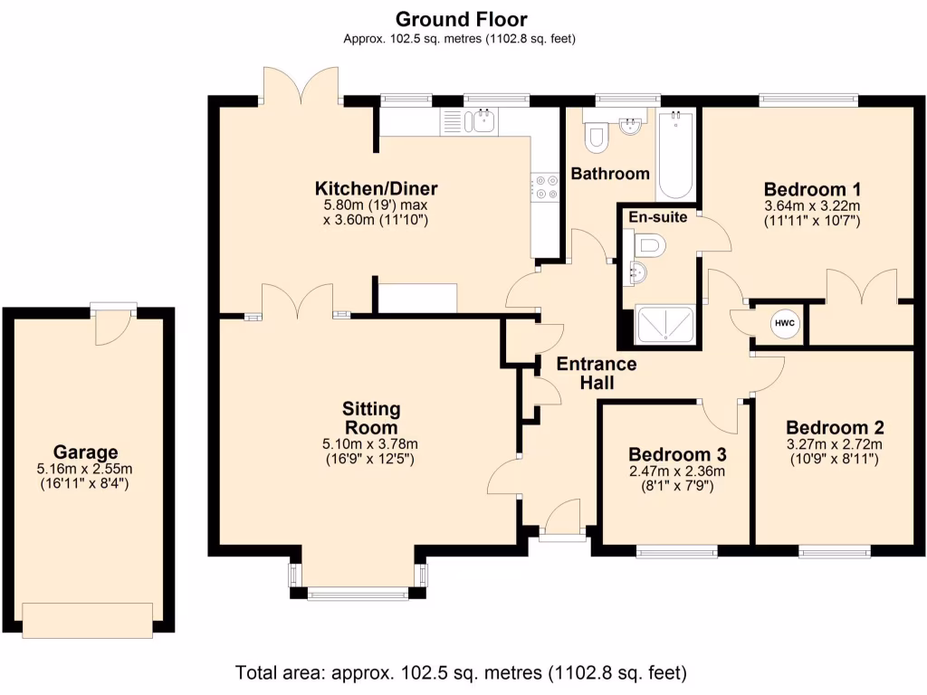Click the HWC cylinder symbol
pos(785,323)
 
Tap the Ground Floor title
pos(461,20)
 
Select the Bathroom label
pos(610,174)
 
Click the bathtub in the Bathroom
pos(675,154)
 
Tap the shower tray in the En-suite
pos(664,324)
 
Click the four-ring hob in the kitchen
pos(545,186)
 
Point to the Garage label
pos(86,452)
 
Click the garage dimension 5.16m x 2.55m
pos(84,469)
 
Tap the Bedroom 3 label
pos(677,454)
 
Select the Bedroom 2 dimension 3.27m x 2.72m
pos(834,443)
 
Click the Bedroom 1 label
pos(812,190)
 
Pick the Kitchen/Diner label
pos(376,188)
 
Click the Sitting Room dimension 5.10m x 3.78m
pos(370,443)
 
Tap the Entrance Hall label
pos(597,373)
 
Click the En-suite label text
pos(658,217)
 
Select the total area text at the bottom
pos(461,672)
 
